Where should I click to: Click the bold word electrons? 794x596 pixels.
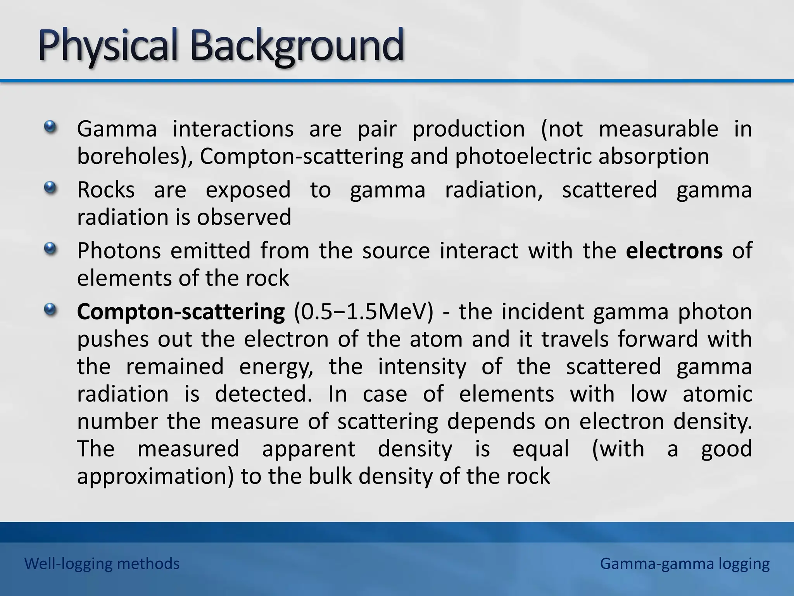click(x=674, y=251)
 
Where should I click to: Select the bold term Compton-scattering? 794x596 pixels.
click(x=181, y=312)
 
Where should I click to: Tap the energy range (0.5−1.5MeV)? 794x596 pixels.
click(x=363, y=312)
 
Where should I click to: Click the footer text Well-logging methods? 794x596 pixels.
click(x=102, y=563)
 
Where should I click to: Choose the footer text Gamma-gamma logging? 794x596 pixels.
click(x=685, y=563)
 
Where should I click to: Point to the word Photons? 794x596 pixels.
click(x=119, y=251)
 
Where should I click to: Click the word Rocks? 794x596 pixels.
click(x=106, y=190)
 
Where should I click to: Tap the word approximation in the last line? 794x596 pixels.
click(x=155, y=476)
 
